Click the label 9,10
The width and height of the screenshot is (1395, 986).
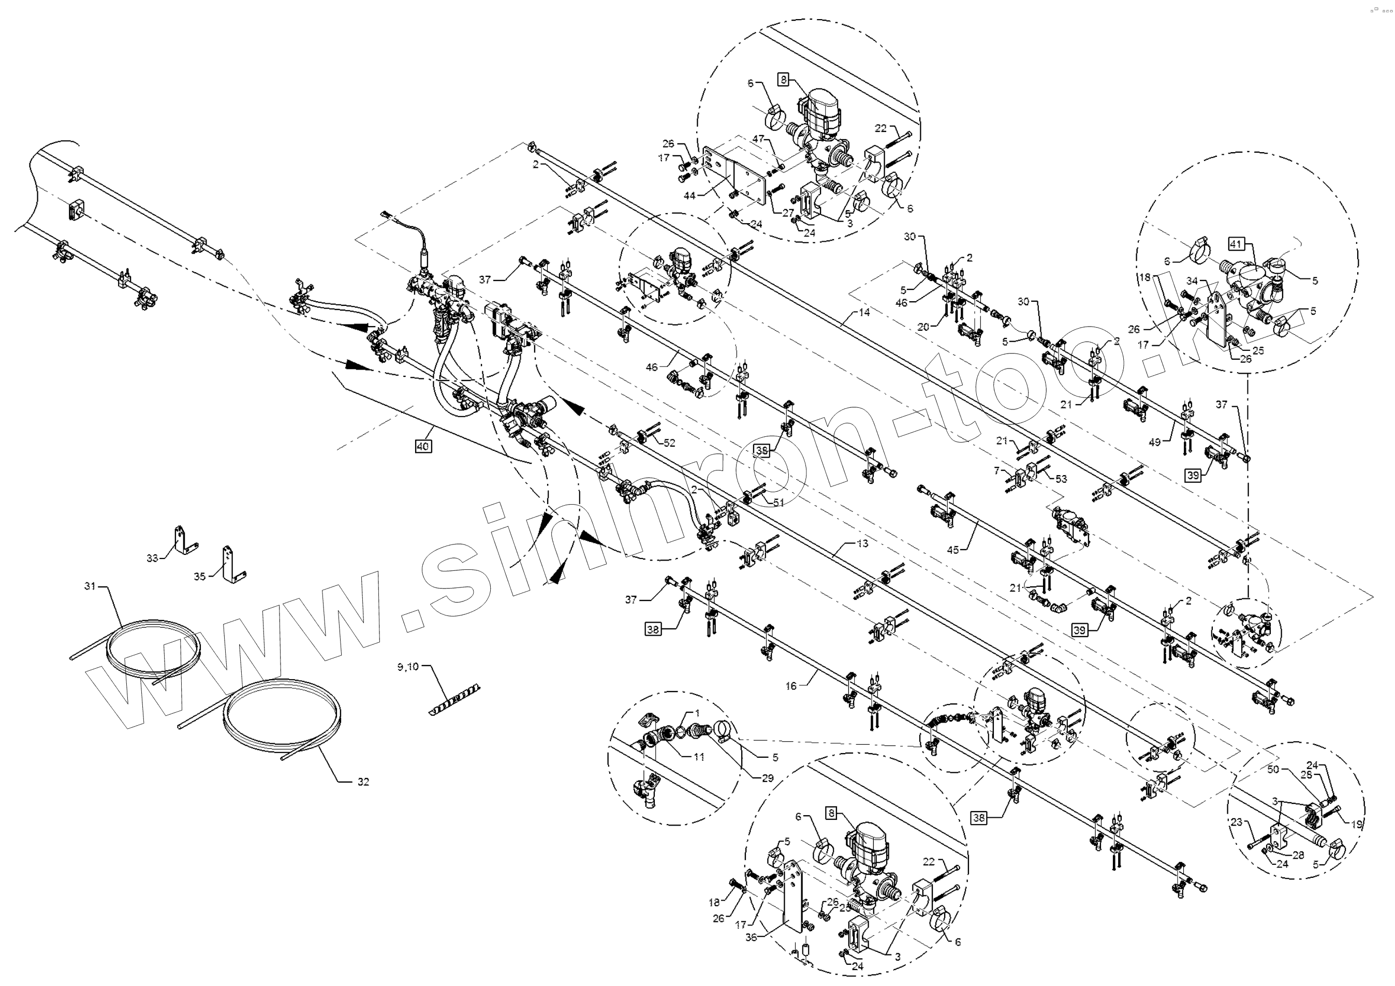pyautogui.click(x=408, y=667)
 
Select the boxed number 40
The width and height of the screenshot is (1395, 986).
pyautogui.click(x=423, y=447)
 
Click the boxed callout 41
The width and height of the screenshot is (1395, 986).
pyautogui.click(x=1235, y=244)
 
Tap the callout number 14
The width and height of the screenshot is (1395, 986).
pyautogui.click(x=864, y=312)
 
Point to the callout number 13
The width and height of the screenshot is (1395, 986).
pyautogui.click(x=863, y=543)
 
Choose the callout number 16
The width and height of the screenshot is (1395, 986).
pyautogui.click(x=790, y=686)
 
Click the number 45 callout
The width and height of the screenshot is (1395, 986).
pyautogui.click(x=952, y=550)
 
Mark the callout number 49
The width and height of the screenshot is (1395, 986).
pyautogui.click(x=1154, y=442)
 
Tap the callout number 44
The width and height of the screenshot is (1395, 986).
pyautogui.click(x=689, y=196)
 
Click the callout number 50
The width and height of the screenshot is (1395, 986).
pyautogui.click(x=1273, y=770)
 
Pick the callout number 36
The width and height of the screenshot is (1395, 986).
pyautogui.click(x=752, y=937)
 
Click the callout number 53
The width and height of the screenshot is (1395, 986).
pyautogui.click(x=1061, y=479)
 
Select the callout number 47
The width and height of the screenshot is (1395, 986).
pyautogui.click(x=758, y=140)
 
